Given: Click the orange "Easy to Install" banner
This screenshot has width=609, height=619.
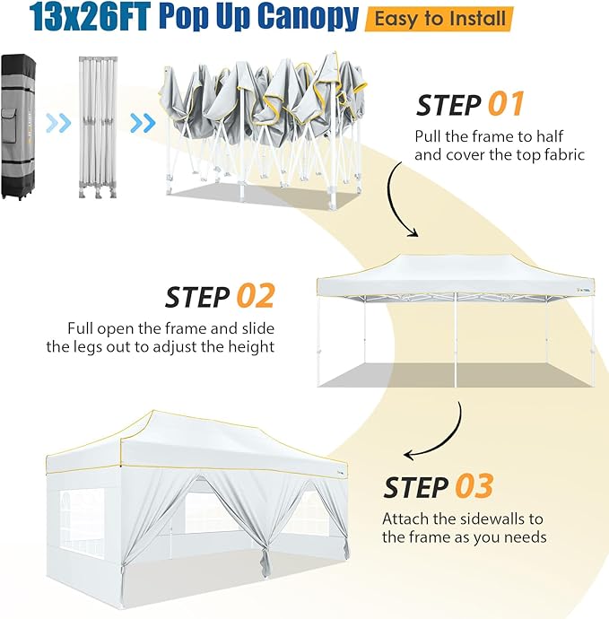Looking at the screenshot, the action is tap(439, 19).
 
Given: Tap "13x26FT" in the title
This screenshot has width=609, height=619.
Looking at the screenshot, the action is tap(90, 16).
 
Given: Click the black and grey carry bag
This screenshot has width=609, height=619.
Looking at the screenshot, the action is tap(18, 127).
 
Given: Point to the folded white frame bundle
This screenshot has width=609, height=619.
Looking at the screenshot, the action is tap(98, 127).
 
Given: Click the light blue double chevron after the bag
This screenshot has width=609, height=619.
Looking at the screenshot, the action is tap(58, 123).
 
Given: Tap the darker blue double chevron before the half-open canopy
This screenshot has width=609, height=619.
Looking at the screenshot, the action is tap(143, 123).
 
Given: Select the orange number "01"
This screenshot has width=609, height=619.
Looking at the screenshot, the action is tap(506, 104).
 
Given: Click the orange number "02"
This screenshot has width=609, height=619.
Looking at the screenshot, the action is tap(256, 296).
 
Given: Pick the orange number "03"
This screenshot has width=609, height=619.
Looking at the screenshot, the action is tap(474, 486).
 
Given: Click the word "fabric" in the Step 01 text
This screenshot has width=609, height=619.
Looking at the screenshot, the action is tap(564, 154).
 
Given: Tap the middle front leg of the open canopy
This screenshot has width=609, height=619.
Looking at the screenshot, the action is tap(456, 340).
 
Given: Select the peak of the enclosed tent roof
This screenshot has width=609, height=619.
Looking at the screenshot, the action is tap(153, 412).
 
